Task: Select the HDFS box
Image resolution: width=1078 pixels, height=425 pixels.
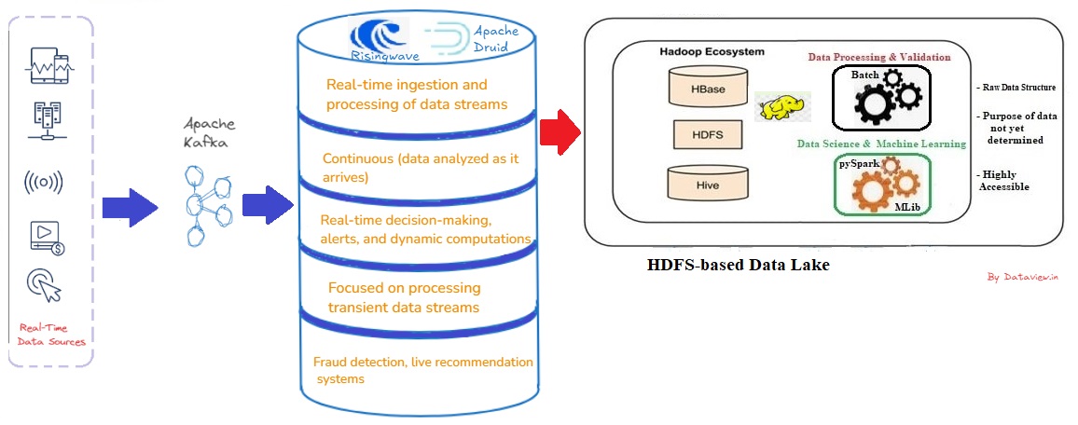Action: [706, 135]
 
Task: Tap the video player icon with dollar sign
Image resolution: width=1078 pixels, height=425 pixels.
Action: [46, 238]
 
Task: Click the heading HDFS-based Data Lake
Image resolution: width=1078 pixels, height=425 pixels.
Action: [738, 266]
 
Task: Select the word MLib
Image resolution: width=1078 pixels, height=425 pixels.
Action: [907, 205]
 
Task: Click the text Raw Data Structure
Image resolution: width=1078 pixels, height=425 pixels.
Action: [1017, 88]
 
